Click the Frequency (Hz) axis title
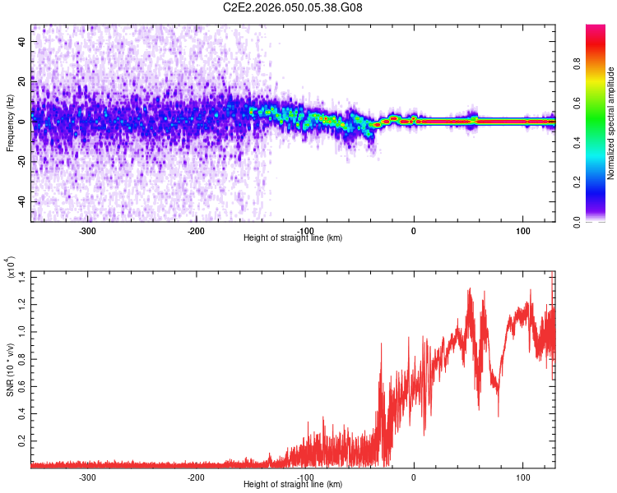pos(10,122)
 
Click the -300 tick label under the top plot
pos(87,231)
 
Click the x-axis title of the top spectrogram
pos(293,238)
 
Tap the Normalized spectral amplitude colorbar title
pos(611,123)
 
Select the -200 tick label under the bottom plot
pos(196,477)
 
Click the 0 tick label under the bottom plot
pos(414,477)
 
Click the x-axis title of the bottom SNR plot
pos(293,485)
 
